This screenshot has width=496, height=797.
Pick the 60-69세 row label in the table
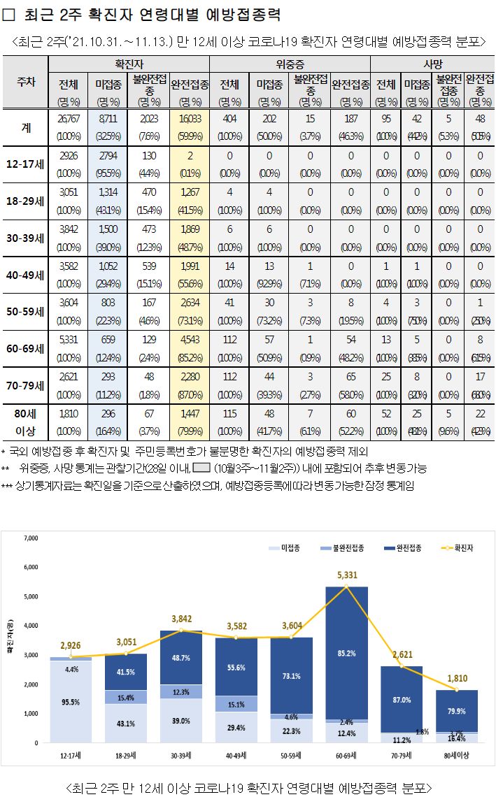pyautogui.click(x=25, y=347)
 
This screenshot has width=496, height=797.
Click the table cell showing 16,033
pyautogui.click(x=190, y=120)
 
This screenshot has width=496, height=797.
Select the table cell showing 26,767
pyautogui.click(x=69, y=120)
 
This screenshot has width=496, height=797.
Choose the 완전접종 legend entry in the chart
pyautogui.click(x=402, y=548)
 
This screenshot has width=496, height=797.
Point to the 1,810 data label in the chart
pyautogui.click(x=458, y=677)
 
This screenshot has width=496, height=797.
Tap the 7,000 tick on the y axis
pyautogui.click(x=29, y=538)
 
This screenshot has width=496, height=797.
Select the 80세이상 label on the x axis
pyautogui.click(x=457, y=754)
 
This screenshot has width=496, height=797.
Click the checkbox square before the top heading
pyautogui.click(x=10, y=15)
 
